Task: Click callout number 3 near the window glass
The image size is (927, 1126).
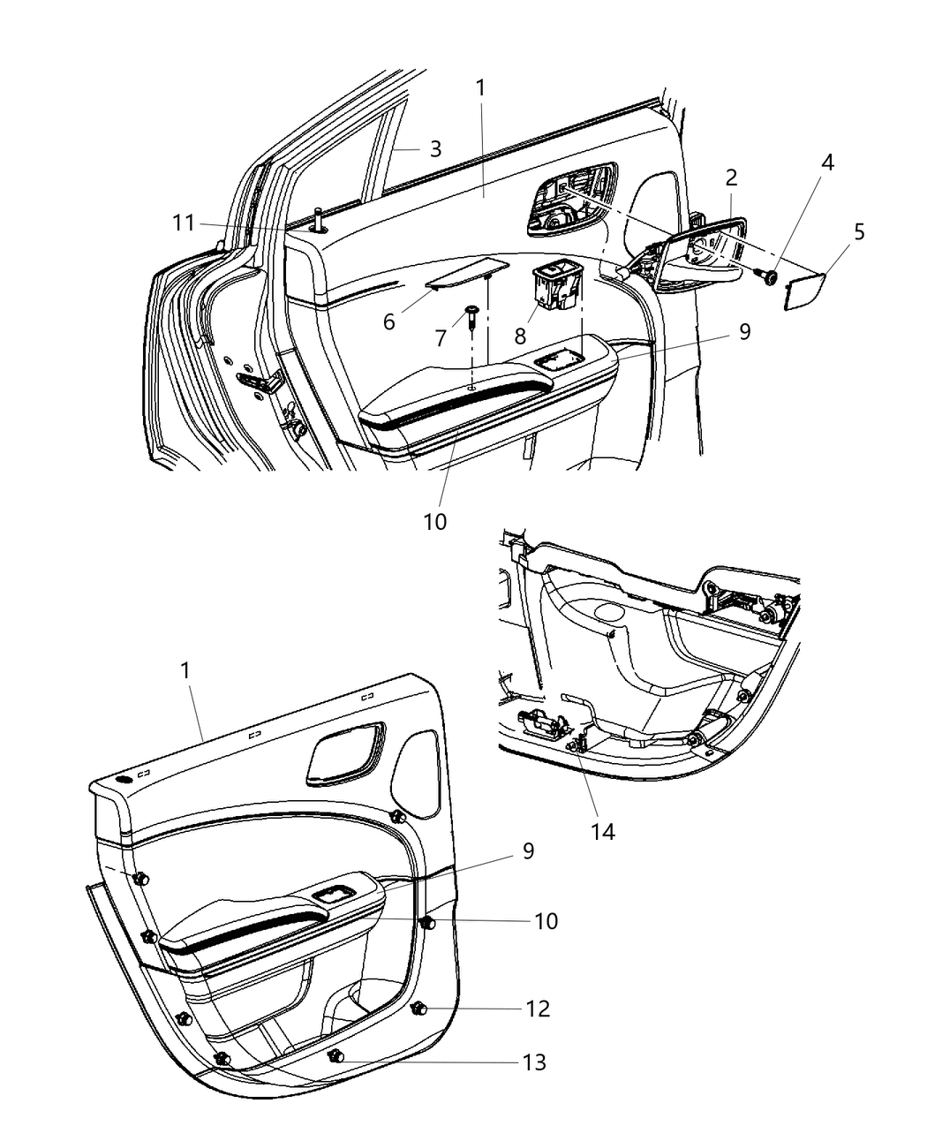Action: pyautogui.click(x=435, y=149)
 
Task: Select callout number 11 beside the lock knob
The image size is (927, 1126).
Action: pyautogui.click(x=183, y=223)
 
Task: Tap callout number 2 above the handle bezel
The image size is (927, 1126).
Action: pyautogui.click(x=731, y=178)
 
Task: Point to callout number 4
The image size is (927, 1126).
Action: pyautogui.click(x=827, y=162)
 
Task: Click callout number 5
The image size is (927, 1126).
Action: pyautogui.click(x=859, y=232)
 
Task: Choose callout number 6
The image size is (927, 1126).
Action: pyautogui.click(x=388, y=322)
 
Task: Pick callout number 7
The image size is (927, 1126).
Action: pyautogui.click(x=441, y=338)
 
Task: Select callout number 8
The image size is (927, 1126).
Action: pyautogui.click(x=520, y=336)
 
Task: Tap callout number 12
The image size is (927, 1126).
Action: pyautogui.click(x=538, y=1009)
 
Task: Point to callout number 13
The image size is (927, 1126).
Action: pyautogui.click(x=534, y=1062)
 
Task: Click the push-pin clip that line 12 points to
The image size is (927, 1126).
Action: pyautogui.click(x=419, y=1008)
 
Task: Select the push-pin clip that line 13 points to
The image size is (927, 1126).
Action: pyautogui.click(x=335, y=1056)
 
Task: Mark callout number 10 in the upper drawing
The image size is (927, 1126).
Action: pyautogui.click(x=434, y=521)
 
